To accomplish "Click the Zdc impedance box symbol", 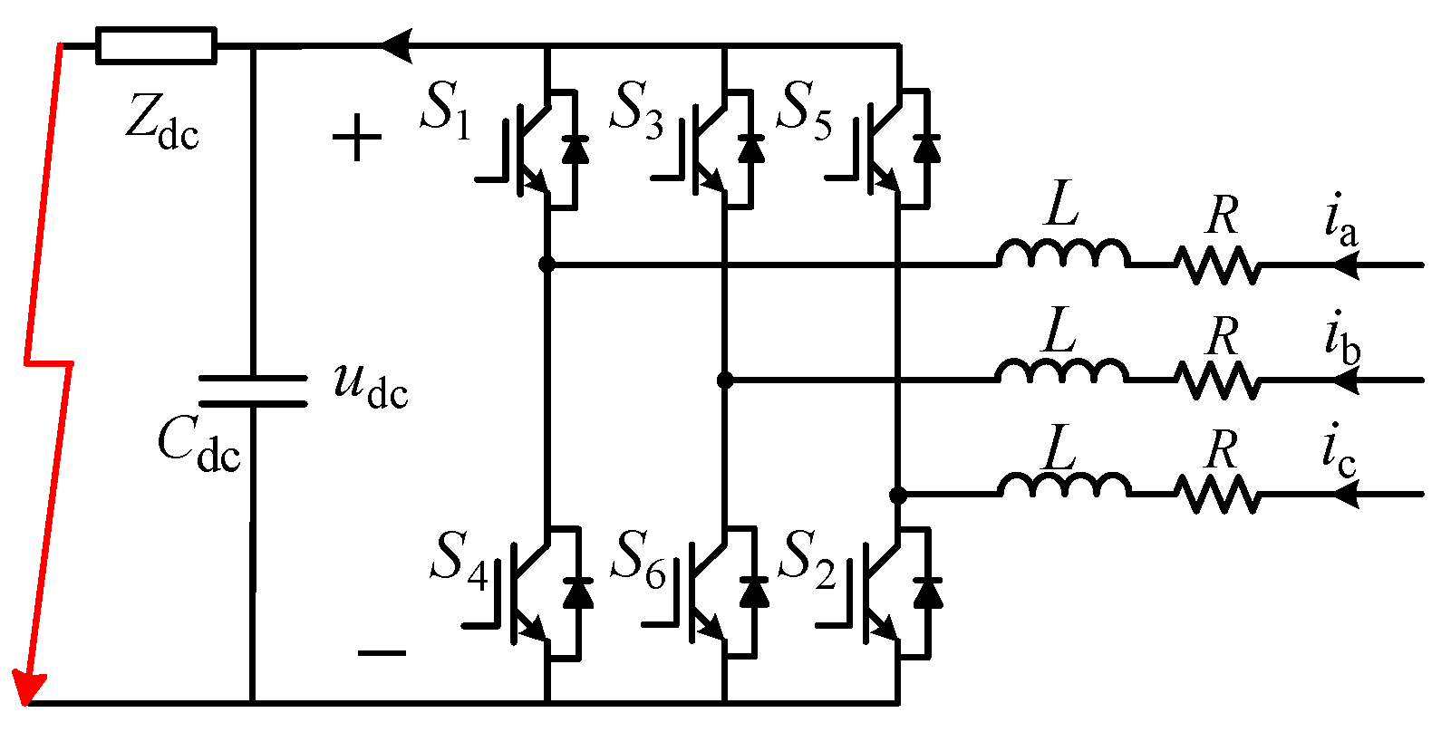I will (x=156, y=45).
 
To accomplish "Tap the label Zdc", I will (x=161, y=122).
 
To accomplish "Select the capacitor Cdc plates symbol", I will (x=252, y=391).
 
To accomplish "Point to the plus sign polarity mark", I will (x=357, y=139).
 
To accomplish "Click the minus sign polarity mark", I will (x=382, y=653).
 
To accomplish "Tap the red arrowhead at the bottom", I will (x=28, y=689).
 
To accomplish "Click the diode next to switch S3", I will (x=750, y=149).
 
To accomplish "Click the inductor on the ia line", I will (x=1063, y=255).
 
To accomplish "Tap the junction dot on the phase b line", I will (x=724, y=380).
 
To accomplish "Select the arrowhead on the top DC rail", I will (x=396, y=45).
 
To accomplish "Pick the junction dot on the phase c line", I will (x=897, y=495).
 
